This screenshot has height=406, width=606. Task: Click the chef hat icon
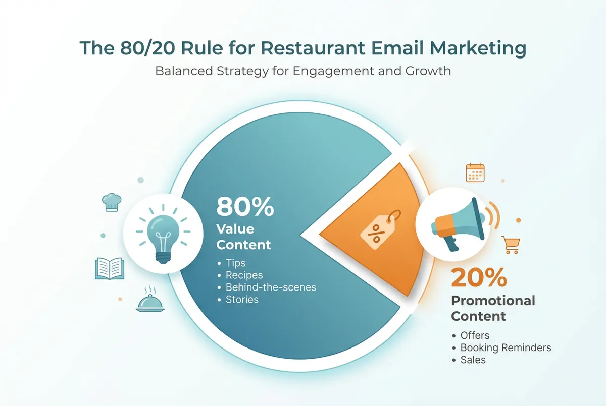click(x=111, y=201)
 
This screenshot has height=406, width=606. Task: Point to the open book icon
click(x=109, y=268)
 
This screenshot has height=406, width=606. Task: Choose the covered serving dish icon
click(x=150, y=301)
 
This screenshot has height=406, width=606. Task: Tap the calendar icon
click(x=475, y=172)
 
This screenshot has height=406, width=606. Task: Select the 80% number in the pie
click(x=245, y=207)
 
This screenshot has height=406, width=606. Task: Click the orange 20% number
click(x=479, y=278)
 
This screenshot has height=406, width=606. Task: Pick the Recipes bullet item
click(x=244, y=275)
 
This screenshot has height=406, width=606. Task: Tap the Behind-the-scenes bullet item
click(x=271, y=287)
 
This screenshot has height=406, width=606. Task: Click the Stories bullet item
click(x=242, y=300)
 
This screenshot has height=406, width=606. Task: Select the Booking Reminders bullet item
click(x=506, y=347)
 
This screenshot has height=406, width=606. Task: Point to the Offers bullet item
click(x=475, y=335)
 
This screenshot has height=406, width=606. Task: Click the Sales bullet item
click(x=473, y=360)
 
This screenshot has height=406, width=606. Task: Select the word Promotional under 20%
click(x=493, y=301)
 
